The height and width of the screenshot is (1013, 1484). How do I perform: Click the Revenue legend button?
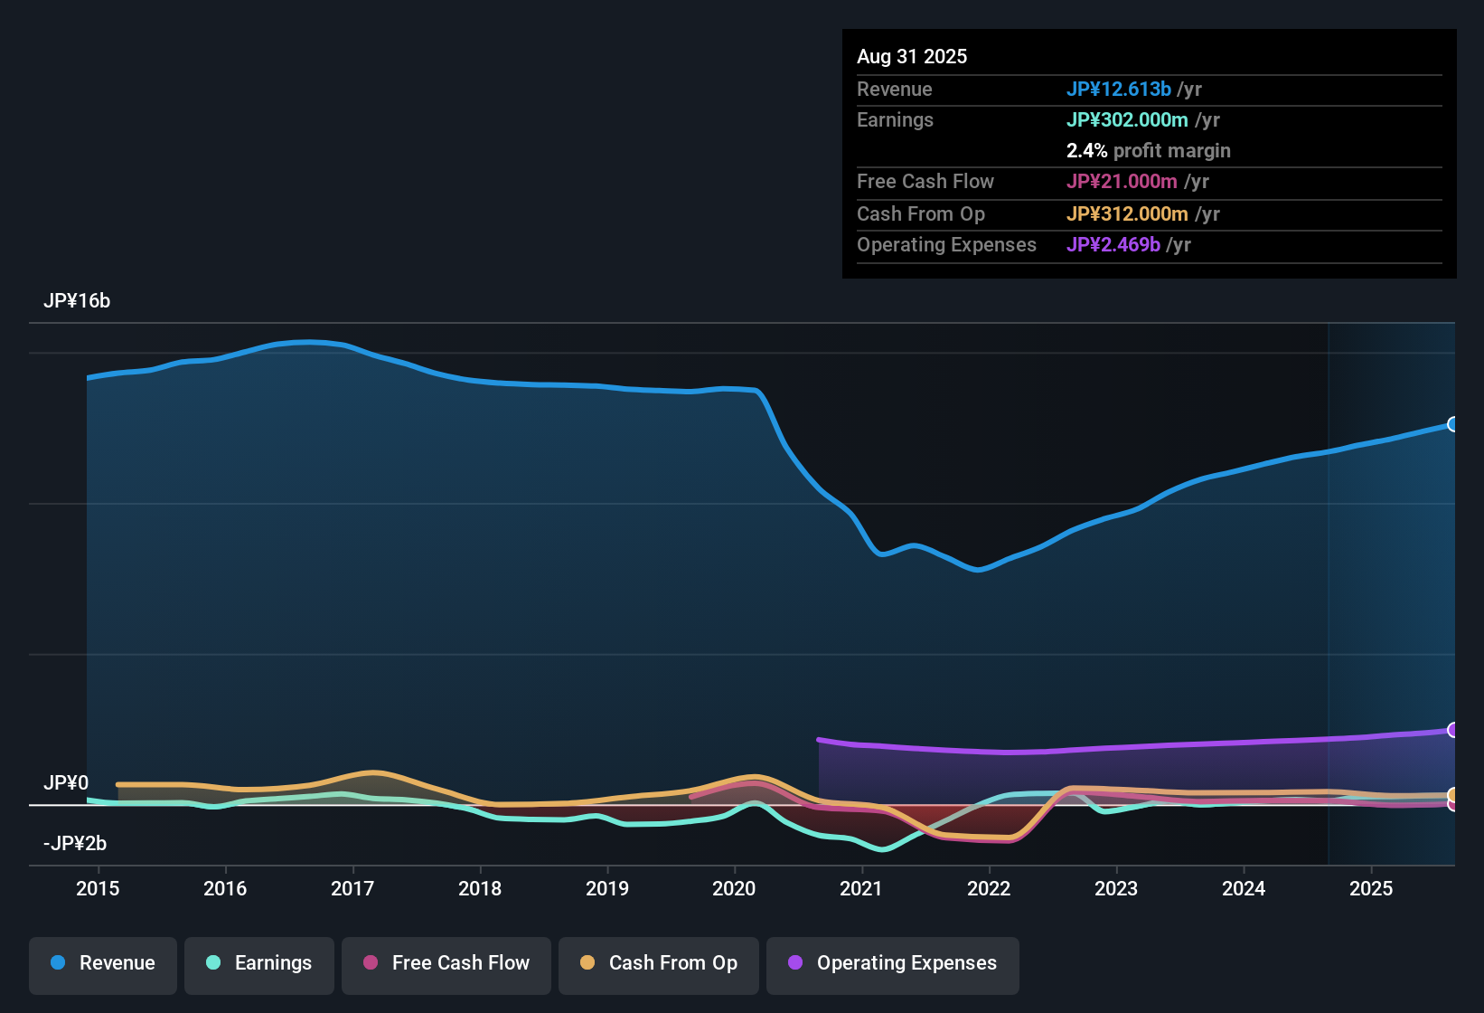pos(103,963)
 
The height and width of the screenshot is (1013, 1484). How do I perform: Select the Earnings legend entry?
pos(259,963)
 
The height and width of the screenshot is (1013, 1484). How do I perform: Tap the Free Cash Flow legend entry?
pos(446,963)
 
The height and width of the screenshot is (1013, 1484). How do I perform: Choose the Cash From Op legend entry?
pos(659,963)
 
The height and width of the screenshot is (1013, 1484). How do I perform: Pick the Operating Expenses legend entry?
pos(893,963)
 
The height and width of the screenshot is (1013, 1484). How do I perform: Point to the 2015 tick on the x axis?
pos(98,888)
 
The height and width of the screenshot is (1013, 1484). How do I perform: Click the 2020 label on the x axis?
pos(734,888)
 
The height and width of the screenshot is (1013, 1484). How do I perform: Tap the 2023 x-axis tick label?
pos(1116,888)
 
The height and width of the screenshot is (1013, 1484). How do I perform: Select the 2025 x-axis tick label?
pos(1371,888)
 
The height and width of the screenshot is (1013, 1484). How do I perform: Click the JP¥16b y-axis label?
pos(77,301)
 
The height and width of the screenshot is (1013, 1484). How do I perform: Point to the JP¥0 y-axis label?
pos(66,783)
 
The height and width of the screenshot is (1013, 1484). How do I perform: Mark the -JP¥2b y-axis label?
pos(75,844)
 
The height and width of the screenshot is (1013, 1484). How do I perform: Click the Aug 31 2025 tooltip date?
pos(912,57)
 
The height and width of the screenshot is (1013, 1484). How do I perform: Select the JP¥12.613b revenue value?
pos(1119,90)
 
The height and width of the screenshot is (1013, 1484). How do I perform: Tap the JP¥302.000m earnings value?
pos(1127,120)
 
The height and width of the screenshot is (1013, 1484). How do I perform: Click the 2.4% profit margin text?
pos(1148,151)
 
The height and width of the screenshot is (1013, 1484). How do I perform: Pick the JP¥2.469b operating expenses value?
pos(1113,245)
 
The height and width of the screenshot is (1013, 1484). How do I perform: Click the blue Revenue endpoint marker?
pos(1452,424)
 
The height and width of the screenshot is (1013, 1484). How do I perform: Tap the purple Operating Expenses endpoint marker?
pos(1452,730)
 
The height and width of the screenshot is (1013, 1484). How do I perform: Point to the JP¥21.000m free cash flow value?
pos(1122,182)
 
